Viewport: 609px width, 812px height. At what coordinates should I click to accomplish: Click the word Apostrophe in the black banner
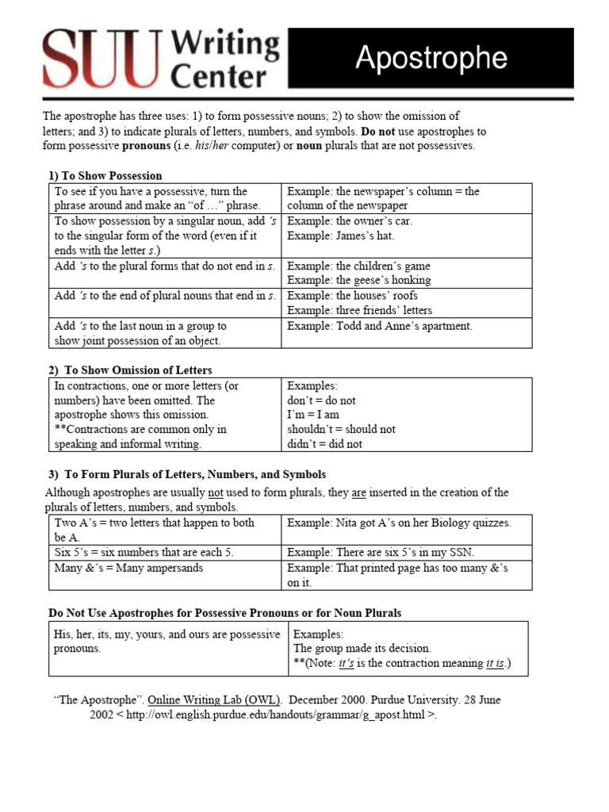pyautogui.click(x=431, y=58)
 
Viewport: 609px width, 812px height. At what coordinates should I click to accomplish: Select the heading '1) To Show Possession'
pyautogui.click(x=105, y=176)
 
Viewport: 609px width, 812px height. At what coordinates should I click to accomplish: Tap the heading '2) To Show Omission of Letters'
pyautogui.click(x=130, y=370)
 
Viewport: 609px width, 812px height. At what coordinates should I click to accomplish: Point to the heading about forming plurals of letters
pyautogui.click(x=186, y=475)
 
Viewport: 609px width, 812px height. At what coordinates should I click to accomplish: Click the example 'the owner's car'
pyautogui.click(x=350, y=221)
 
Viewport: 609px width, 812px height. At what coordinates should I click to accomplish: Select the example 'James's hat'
pyautogui.click(x=340, y=236)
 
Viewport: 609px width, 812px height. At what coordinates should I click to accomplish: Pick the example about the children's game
pyautogui.click(x=358, y=266)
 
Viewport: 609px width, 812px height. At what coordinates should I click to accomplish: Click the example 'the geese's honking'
pyautogui.click(x=358, y=280)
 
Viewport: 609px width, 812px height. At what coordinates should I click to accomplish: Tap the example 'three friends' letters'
pyautogui.click(x=359, y=310)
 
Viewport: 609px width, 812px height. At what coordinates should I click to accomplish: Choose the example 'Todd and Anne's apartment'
pyautogui.click(x=379, y=326)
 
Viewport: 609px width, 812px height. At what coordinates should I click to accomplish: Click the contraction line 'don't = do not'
pyautogui.click(x=321, y=400)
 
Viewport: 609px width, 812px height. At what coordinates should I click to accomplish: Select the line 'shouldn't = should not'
pyautogui.click(x=341, y=429)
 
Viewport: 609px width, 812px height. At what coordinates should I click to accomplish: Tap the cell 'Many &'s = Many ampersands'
pyautogui.click(x=128, y=568)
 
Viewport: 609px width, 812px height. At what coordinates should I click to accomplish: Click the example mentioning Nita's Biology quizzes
pyautogui.click(x=399, y=523)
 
